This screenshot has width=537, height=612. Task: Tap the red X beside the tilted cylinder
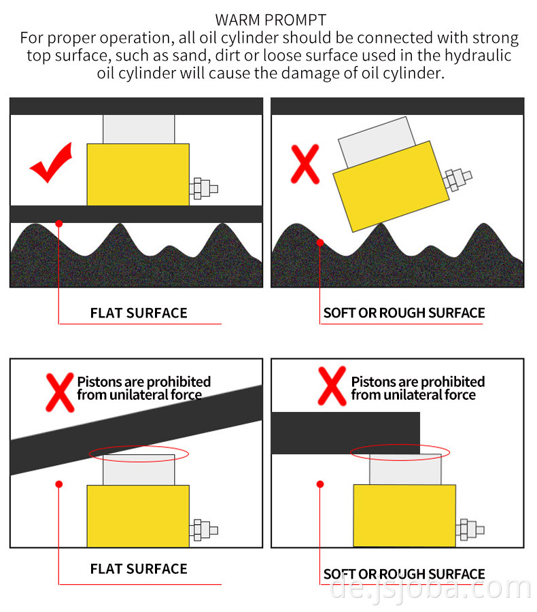pyautogui.click(x=305, y=164)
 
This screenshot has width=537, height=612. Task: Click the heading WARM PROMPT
pyautogui.click(x=271, y=20)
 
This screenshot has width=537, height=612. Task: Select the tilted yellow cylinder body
pyautogui.click(x=391, y=185)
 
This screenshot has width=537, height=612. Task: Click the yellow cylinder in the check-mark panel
pyautogui.click(x=138, y=174)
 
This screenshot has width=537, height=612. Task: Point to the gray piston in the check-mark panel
pyautogui.click(x=139, y=129)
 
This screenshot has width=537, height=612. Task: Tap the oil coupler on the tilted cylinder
pyautogui.click(x=457, y=180)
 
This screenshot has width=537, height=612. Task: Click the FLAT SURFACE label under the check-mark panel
pyautogui.click(x=139, y=313)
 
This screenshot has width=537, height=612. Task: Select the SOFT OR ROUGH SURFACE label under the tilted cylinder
pyautogui.click(x=404, y=313)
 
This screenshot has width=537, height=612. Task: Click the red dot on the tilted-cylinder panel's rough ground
pyautogui.click(x=320, y=241)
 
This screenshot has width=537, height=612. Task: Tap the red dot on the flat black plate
pyautogui.click(x=59, y=222)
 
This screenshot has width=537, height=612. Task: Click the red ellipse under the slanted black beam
pyautogui.click(x=139, y=454)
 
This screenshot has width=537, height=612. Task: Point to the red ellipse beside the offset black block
pyautogui.click(x=400, y=451)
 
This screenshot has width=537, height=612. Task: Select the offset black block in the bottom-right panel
pyautogui.click(x=345, y=432)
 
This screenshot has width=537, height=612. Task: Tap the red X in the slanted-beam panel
pyautogui.click(x=59, y=391)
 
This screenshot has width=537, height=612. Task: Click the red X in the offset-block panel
pyautogui.click(x=332, y=386)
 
